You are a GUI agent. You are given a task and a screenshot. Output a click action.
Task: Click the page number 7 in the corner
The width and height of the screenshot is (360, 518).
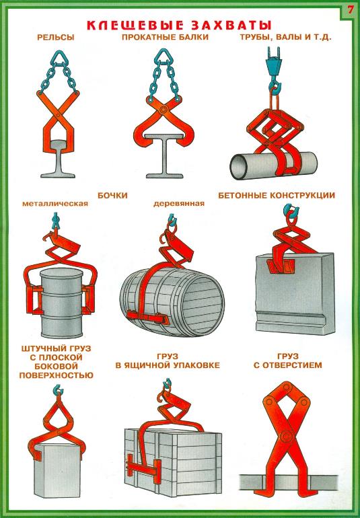(350, 9)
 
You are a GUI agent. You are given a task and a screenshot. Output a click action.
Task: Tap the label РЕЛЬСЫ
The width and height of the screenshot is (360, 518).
(56, 37)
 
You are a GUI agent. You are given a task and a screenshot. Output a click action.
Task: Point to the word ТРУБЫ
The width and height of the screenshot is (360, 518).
(256, 38)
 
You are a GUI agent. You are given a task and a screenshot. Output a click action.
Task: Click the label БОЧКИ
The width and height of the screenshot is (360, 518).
(112, 196)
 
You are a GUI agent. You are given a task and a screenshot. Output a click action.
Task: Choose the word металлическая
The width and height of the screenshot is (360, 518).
(55, 204)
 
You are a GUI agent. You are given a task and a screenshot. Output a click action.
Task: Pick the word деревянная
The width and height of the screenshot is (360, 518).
(179, 204)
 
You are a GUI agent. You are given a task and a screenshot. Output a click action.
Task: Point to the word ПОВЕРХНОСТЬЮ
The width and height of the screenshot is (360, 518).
(57, 375)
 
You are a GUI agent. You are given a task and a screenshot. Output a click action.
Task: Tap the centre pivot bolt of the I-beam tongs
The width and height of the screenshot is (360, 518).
(162, 110)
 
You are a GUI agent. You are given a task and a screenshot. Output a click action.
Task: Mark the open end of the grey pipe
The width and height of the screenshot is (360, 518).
(239, 167)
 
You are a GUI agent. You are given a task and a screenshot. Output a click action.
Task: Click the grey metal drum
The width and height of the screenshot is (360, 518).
(61, 303)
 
